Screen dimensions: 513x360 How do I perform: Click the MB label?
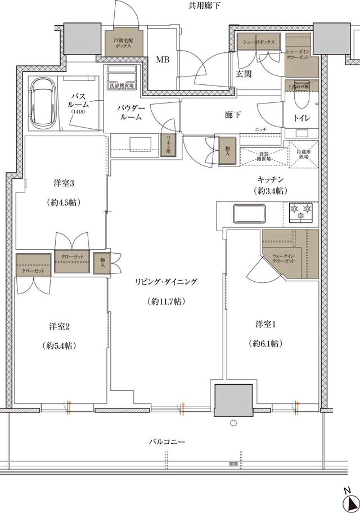pos(163,59)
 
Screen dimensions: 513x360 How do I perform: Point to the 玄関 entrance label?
pos(244,74)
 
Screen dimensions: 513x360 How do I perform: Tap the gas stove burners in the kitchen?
pos(300,213)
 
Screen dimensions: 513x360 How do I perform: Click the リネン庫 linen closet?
pos(167,146)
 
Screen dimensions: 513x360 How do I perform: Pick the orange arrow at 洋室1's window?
pos(297,407)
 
